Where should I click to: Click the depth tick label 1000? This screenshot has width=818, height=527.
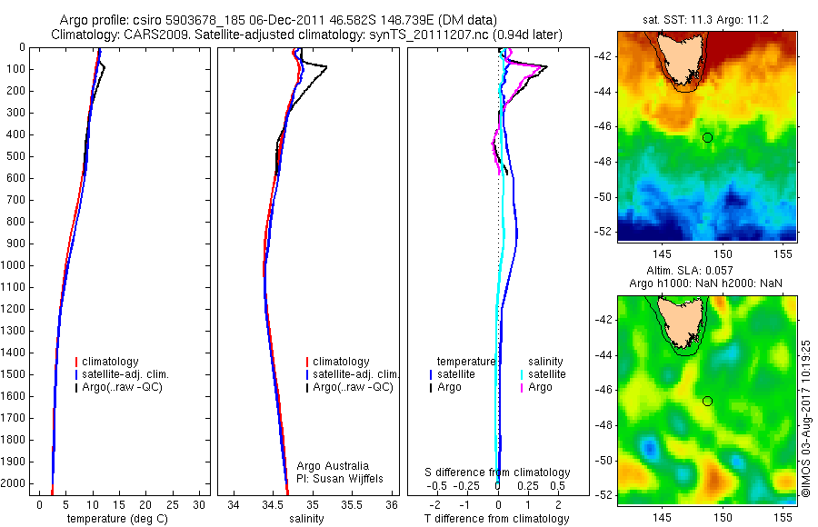[x=14, y=265]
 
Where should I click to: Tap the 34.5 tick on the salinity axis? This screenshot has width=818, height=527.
[x=273, y=504]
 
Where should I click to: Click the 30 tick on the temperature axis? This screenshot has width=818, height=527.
[x=200, y=504]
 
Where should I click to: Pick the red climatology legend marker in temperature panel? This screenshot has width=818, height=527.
[x=78, y=362]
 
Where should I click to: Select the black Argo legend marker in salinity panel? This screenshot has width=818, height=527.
[x=308, y=387]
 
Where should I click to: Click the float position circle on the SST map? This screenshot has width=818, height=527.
[x=707, y=137]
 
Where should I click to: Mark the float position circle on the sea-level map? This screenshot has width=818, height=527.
[x=707, y=401]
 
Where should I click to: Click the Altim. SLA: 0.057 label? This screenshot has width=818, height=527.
[x=705, y=272]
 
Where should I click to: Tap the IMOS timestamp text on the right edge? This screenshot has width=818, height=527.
[x=806, y=418]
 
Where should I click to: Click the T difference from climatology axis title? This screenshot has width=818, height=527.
[x=496, y=519]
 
